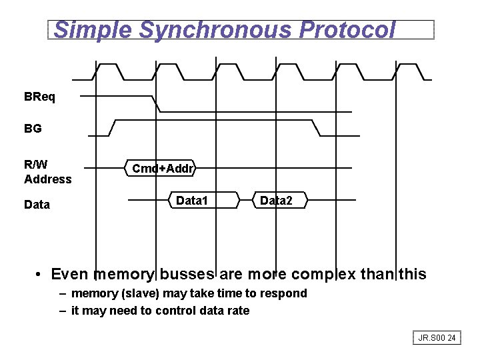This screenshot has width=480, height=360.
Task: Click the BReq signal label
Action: click(40, 97)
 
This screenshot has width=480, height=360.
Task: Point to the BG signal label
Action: click(33, 129)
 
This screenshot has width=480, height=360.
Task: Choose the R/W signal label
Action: click(35, 164)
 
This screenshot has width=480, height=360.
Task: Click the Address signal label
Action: click(47, 179)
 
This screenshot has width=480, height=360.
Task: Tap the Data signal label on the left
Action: click(37, 205)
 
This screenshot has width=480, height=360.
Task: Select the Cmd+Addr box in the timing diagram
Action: click(163, 169)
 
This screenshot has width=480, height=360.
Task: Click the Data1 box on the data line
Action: click(192, 200)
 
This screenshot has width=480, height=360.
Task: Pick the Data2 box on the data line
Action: click(276, 200)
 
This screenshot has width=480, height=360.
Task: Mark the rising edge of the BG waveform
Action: click(113, 128)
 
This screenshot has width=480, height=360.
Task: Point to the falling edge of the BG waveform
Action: click(316, 128)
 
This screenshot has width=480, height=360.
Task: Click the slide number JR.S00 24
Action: click(437, 338)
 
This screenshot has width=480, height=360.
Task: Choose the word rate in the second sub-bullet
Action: click(237, 310)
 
